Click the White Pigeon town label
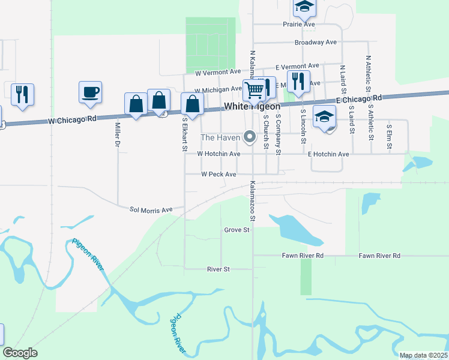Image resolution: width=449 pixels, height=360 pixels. click(252, 106)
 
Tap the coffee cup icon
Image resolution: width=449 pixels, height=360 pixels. click(90, 92)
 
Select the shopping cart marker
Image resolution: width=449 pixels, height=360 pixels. click(254, 91)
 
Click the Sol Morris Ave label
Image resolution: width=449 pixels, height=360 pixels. click(151, 210)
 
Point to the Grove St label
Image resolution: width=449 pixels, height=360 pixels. click(237, 230)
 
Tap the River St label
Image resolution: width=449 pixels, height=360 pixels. click(218, 269)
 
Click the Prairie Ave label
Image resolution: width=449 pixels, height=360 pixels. click(299, 25)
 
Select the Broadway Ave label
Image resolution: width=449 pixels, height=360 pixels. click(315, 43)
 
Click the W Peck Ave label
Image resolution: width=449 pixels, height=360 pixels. click(218, 174)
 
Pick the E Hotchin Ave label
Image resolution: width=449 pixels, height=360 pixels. click(328, 154)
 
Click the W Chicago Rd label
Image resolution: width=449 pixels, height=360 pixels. click(72, 121)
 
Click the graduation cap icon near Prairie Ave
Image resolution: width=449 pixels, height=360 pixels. click(304, 7)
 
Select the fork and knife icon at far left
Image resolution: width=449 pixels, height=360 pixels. click(22, 94)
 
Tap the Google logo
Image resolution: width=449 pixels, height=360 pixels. click(20, 353)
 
